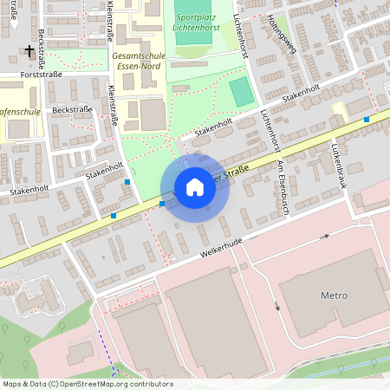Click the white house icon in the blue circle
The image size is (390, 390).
coord(194,186)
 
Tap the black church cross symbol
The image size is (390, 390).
coord(29,51)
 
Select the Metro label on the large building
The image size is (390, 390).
coord(334,296)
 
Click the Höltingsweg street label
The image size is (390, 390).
coord(282,34)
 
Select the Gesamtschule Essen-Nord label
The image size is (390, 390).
coord(143,62)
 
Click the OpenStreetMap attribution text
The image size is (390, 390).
coord(88,384)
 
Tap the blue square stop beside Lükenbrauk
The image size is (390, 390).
coord(367,120)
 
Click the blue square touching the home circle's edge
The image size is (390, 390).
coord(162,203)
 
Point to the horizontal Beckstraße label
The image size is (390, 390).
coord(71,111)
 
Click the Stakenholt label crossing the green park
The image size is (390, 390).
coord(213,127)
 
